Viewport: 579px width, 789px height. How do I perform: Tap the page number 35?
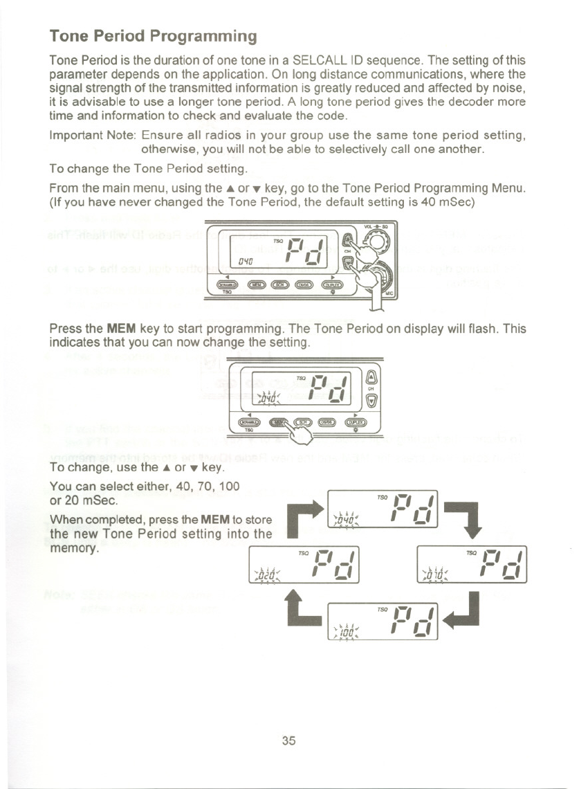click(x=289, y=740)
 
